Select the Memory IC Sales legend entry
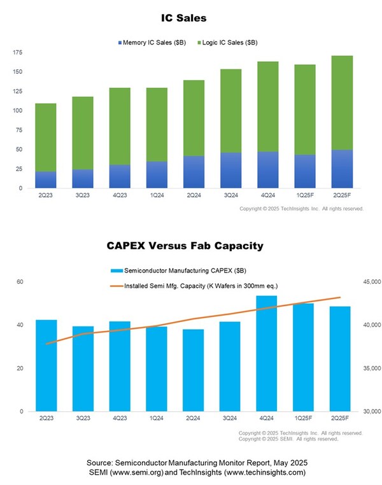click(x=152, y=42)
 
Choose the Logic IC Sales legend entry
click(x=230, y=42)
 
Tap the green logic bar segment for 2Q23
click(x=45, y=137)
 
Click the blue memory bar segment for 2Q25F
click(x=342, y=169)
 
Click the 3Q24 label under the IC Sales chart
click(x=231, y=197)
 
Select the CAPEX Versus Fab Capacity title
click(x=192, y=245)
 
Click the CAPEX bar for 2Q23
click(x=45, y=365)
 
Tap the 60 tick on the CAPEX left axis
click(x=19, y=281)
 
